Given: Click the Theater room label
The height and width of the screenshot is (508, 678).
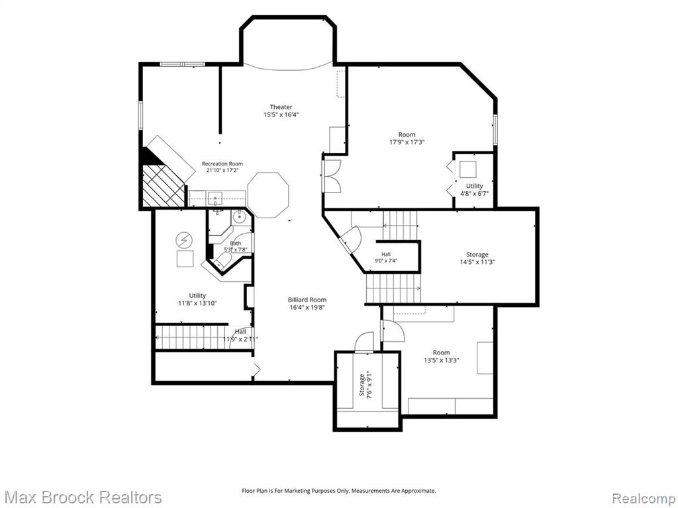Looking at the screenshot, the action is pyautogui.click(x=281, y=106).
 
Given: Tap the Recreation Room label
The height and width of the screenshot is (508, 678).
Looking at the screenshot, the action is pyautogui.click(x=222, y=164).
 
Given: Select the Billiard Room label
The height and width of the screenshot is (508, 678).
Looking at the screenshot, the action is pyautogui.click(x=307, y=300).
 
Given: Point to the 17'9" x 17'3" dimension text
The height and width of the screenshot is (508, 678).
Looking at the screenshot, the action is pyautogui.click(x=407, y=142).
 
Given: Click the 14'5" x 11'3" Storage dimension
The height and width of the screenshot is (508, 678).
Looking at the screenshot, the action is pyautogui.click(x=477, y=262).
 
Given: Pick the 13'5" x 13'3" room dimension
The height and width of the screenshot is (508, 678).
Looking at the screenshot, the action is pyautogui.click(x=441, y=360).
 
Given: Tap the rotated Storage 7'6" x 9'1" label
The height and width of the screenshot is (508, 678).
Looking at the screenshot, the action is pyautogui.click(x=365, y=385).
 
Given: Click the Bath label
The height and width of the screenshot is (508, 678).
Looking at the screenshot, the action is pyautogui.click(x=236, y=243).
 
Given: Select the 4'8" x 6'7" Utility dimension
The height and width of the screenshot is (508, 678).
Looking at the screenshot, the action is pyautogui.click(x=474, y=194).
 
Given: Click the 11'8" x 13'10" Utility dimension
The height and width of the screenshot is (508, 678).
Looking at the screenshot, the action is pyautogui.click(x=197, y=303).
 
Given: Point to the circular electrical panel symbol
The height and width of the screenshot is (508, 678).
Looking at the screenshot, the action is pyautogui.click(x=185, y=240).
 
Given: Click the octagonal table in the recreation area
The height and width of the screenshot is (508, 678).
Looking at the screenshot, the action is pyautogui.click(x=268, y=195).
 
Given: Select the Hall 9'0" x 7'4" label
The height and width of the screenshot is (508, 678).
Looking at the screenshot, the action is pyautogui.click(x=386, y=257).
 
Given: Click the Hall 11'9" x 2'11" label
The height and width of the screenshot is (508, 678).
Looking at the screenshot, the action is pyautogui.click(x=240, y=335).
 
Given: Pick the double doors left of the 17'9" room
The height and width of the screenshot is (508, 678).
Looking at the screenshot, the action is pyautogui.click(x=332, y=176).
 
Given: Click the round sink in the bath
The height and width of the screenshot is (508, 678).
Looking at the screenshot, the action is pyautogui.click(x=238, y=218).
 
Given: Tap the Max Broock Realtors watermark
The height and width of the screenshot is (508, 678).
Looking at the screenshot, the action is pyautogui.click(x=84, y=497).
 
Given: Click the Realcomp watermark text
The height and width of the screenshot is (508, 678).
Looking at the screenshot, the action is pyautogui.click(x=644, y=498).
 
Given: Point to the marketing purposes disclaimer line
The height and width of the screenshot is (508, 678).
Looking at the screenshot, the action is pyautogui.click(x=338, y=491).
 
